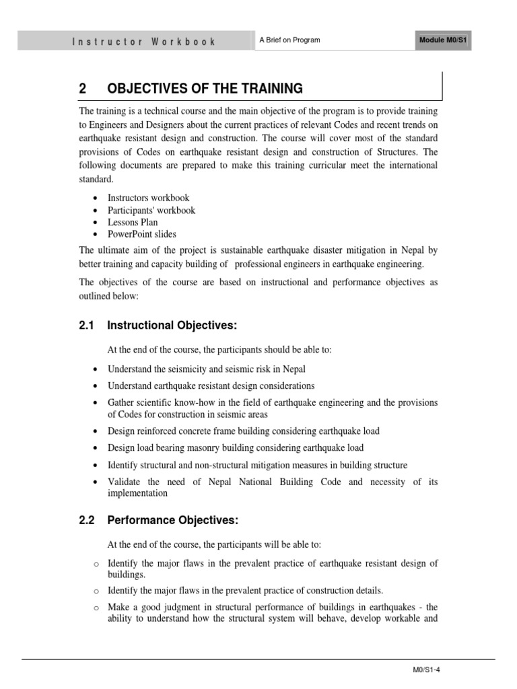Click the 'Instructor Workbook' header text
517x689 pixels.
click(143, 41)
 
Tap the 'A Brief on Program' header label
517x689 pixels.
click(289, 40)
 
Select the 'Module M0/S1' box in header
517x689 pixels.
click(443, 40)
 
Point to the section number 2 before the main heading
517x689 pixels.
click(83, 89)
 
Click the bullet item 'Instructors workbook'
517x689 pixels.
click(148, 198)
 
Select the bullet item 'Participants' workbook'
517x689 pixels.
click(151, 210)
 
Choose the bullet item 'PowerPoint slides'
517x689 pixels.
click(141, 234)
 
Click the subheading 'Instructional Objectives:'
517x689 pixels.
click(172, 326)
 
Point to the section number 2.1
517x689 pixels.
click(87, 326)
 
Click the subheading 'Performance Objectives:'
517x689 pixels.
click(172, 520)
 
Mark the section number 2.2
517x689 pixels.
click(87, 520)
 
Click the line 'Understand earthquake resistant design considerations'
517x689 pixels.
click(211, 386)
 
